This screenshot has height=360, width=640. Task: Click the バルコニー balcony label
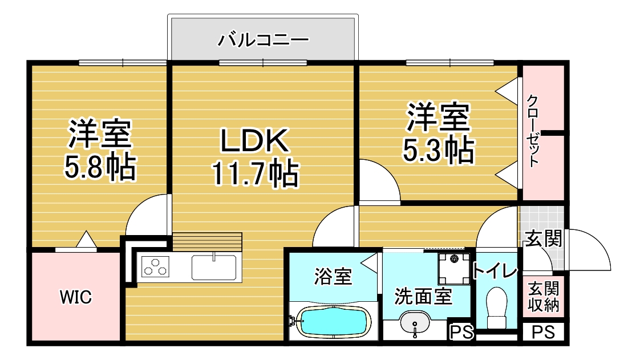(264, 39)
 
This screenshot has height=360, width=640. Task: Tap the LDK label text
(255, 140)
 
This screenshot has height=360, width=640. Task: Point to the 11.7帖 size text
(255, 173)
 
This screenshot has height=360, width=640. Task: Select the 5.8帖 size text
(100, 166)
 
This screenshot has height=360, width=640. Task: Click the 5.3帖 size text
(439, 150)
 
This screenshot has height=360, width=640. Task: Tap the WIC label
(76, 297)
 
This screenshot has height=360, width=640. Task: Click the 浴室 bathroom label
(333, 276)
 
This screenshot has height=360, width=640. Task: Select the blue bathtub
(334, 321)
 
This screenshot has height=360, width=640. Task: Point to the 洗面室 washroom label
(423, 296)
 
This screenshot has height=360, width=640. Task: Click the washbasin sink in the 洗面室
(415, 322)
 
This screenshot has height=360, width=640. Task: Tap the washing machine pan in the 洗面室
(454, 269)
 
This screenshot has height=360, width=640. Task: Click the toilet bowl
(497, 306)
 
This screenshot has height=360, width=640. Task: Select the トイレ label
(495, 270)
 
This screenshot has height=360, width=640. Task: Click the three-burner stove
(156, 266)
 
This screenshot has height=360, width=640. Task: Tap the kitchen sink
(214, 268)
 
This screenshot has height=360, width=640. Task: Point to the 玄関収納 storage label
(543, 297)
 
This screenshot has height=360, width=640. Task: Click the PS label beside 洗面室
(461, 332)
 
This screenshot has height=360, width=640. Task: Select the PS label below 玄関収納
(543, 332)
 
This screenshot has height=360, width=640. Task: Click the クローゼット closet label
(533, 131)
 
